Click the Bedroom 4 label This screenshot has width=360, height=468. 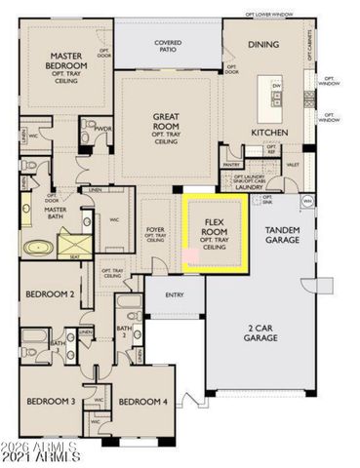pyautogui.click(x=142, y=401)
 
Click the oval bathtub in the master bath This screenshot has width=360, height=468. pyautogui.click(x=39, y=248)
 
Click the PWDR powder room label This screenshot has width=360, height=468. pyautogui.click(x=102, y=128)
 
